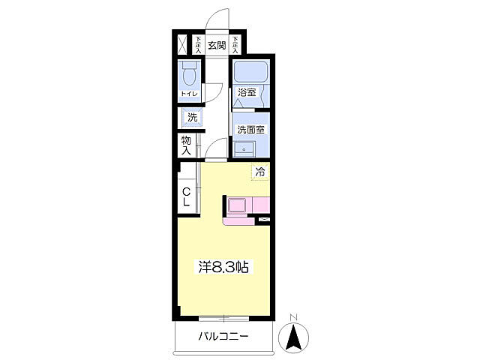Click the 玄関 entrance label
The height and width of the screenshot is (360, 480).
217,45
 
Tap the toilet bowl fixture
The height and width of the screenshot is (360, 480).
189,73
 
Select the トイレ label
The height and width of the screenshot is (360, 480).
190,94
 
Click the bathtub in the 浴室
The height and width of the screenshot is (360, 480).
250,72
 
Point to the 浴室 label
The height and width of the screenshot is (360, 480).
247,92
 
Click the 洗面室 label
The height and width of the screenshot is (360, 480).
251,130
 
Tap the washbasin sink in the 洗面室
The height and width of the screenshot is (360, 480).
244,149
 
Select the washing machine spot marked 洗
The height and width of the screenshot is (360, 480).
192,117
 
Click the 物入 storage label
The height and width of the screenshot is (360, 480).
186,145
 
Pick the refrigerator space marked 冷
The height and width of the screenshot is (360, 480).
260,172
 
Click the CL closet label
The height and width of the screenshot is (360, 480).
186,196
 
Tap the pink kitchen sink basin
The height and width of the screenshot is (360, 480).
237,205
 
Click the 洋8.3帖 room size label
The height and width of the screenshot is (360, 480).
223,267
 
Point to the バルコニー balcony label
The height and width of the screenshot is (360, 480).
223,337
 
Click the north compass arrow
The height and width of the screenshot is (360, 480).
293,337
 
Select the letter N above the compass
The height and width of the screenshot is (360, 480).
294,317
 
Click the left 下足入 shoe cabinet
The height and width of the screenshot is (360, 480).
198,45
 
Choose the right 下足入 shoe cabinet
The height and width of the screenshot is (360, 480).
235,45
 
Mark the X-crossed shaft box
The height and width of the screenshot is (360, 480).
182,45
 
